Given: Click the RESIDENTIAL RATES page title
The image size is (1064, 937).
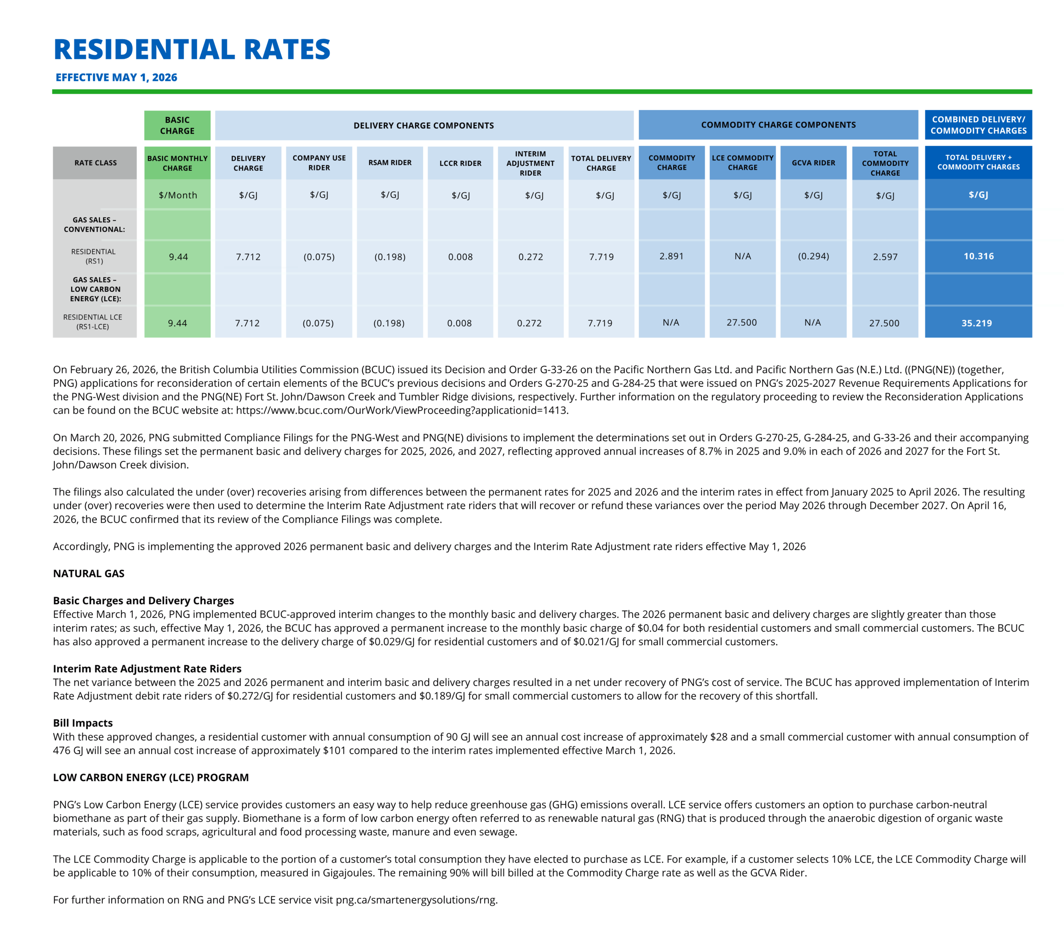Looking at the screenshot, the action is point(192,49).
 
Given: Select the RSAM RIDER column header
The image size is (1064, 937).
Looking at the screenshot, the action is point(390,163).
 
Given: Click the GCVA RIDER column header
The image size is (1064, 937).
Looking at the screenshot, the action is point(813,163).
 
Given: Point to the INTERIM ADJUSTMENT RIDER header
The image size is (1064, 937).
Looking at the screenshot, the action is point(530,163).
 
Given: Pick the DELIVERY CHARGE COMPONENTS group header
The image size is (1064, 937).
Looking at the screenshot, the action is point(424,125).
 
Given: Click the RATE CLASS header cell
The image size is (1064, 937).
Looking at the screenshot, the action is point(95,163).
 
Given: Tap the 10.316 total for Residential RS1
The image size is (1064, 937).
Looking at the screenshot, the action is point(979,256).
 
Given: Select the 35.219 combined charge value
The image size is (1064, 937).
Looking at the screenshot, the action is point(977,323).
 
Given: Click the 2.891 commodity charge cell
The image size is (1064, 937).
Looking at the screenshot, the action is point(672,256).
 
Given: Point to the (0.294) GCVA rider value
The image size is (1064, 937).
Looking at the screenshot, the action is point(813,256).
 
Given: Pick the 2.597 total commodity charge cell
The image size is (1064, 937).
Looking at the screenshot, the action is point(885,257).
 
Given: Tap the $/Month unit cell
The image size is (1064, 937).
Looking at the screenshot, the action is point(178,195).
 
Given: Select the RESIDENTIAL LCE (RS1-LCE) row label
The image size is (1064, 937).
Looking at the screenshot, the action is point(93,322).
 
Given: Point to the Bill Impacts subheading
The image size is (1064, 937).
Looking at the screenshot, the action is point(83,723).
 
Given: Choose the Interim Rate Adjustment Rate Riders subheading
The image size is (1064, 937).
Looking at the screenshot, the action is point(147,669).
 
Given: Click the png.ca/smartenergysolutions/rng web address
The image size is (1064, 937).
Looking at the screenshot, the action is point(416,900).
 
